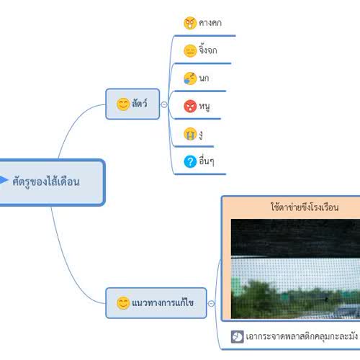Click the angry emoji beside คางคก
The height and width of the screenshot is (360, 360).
[190, 23]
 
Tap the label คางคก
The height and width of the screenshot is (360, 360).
[210, 23]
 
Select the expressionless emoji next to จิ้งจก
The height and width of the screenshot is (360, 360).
[190, 51]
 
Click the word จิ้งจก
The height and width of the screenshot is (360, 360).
[208, 50]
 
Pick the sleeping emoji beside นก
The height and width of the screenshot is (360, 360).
[190, 78]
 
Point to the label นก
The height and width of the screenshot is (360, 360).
[204, 78]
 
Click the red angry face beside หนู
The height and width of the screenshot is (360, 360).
[190, 106]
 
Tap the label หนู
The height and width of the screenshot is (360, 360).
[204, 107]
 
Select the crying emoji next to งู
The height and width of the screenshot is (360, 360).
[190, 134]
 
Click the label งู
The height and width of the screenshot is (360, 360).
[201, 135]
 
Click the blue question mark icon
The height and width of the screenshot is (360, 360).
[190, 161]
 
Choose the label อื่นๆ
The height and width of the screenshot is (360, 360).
[207, 161]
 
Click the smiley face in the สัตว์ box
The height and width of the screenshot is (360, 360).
[123, 104]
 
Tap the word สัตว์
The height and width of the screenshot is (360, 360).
[140, 103]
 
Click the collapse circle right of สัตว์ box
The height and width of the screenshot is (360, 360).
[164, 104]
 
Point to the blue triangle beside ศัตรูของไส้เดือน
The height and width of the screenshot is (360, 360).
[4, 180]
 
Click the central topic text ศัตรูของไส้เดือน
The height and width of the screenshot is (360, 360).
[46, 181]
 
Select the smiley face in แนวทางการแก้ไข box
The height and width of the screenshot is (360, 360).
[123, 303]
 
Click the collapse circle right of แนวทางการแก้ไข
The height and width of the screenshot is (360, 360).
[211, 303]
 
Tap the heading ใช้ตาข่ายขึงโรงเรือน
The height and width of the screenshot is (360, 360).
[305, 207]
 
